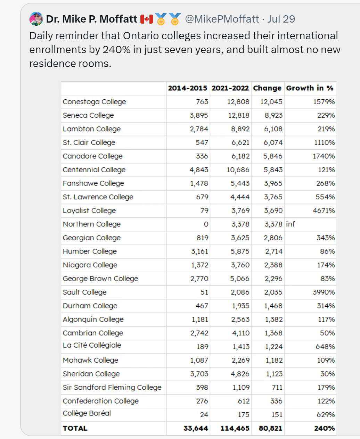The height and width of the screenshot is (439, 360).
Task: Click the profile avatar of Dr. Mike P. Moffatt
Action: [36, 19]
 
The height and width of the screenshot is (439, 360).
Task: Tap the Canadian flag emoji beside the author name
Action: [147, 19]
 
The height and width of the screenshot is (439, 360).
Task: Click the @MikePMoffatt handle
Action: [222, 19]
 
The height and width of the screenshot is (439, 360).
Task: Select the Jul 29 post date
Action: [281, 19]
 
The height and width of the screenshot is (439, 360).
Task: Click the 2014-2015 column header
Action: [188, 88]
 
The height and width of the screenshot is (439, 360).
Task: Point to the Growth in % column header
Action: [310, 88]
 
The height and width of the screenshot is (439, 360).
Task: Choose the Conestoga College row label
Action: [94, 102]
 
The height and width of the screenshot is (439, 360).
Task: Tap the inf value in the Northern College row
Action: [291, 224]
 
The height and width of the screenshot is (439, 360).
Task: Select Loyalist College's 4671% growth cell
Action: [324, 210]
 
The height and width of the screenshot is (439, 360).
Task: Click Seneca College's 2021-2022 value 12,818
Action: [239, 115]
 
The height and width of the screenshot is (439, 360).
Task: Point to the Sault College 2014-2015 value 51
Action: [204, 292]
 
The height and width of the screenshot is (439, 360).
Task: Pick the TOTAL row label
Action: [75, 428]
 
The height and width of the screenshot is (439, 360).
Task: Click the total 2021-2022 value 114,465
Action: [235, 428]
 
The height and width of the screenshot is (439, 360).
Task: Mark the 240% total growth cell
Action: [324, 428]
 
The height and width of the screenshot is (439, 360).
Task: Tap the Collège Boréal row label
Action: [87, 413]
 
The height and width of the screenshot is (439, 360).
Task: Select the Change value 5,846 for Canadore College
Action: [273, 156]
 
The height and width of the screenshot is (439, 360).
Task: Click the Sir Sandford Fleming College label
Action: [112, 387]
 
